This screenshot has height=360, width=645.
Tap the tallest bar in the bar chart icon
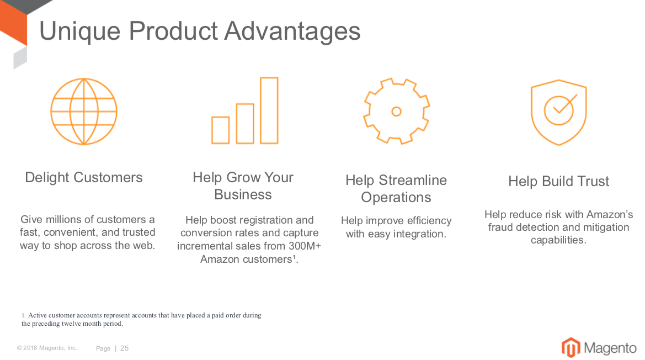[269, 110]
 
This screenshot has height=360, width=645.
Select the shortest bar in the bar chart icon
[221, 130]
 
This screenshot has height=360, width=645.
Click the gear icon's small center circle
[397, 112]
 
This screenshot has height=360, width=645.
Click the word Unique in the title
[80, 31]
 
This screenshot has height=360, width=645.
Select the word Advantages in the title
[292, 31]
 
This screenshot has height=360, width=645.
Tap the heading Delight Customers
[84, 177]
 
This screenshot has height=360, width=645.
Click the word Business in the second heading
[243, 194]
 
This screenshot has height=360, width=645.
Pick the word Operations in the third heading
[396, 198]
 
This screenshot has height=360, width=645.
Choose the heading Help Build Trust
[558, 181]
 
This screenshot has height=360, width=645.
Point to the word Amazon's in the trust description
[610, 214]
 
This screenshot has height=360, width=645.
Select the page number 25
[124, 348]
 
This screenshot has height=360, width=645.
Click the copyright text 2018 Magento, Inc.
[50, 348]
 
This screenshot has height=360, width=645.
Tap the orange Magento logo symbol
[571, 348]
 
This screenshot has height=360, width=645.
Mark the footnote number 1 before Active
[23, 316]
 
